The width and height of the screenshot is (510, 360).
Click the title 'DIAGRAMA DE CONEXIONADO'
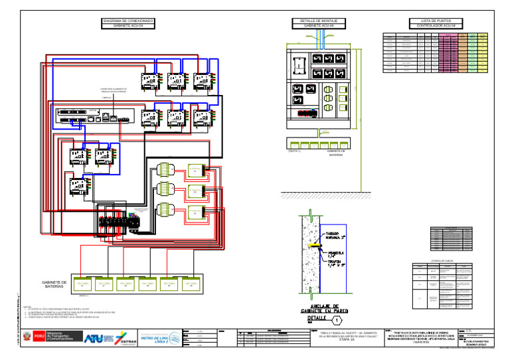(x=128, y=21)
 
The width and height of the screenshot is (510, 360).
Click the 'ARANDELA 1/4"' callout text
(x=337, y=254)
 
